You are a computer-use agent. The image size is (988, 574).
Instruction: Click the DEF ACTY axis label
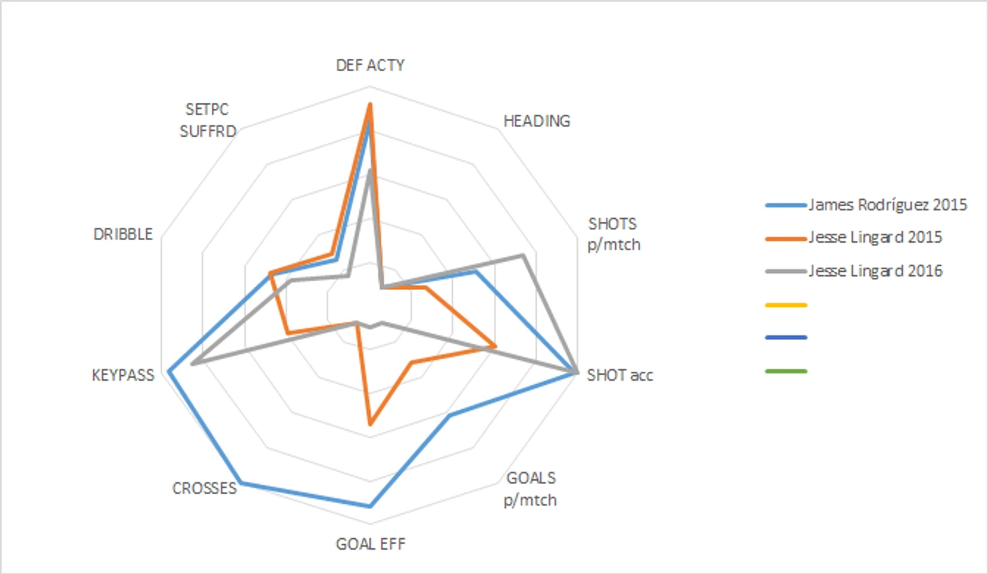click(370, 65)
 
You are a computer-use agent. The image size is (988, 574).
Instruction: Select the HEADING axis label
click(537, 121)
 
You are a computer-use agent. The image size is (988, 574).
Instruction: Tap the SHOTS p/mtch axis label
click(613, 234)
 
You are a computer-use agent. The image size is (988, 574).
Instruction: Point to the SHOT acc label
click(620, 375)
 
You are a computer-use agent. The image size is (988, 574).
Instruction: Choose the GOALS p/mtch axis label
click(531, 489)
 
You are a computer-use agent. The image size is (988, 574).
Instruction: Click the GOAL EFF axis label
click(370, 544)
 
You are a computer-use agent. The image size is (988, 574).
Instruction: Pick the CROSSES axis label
click(204, 488)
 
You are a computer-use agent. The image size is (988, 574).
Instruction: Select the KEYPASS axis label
click(123, 375)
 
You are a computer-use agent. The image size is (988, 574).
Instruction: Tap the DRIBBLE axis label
click(123, 234)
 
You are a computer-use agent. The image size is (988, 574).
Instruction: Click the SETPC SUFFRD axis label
click(208, 120)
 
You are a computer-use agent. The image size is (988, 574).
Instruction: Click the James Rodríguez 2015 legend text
click(887, 205)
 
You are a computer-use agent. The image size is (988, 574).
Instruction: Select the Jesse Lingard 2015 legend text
click(875, 237)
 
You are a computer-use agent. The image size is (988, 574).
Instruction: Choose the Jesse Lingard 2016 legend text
click(875, 271)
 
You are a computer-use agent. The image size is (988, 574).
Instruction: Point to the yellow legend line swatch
click(786, 305)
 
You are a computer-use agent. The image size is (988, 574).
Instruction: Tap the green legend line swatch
click(786, 371)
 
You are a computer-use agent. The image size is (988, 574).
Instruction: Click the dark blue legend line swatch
click(786, 337)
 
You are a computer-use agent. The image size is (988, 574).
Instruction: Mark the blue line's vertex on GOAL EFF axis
click(370, 506)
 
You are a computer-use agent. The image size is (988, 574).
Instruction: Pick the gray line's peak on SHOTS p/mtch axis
click(522, 255)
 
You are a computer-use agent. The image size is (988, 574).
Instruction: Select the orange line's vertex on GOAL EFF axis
click(370, 424)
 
